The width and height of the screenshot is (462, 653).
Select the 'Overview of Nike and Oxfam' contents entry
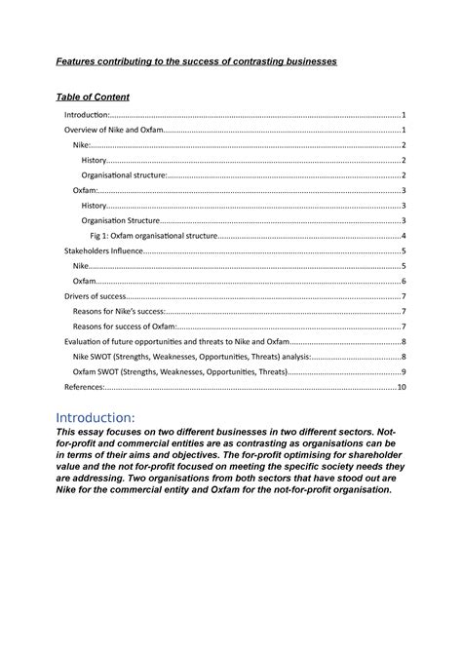pos(113,130)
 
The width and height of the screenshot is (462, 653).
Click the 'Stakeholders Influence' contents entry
pos(103,250)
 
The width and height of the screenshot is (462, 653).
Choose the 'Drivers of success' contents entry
pos(96,296)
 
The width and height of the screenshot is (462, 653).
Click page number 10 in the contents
pos(401,387)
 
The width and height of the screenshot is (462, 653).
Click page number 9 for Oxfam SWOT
pos(404,372)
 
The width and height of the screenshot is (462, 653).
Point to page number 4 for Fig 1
pos(404,236)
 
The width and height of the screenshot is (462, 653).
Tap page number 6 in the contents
pos(404,281)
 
